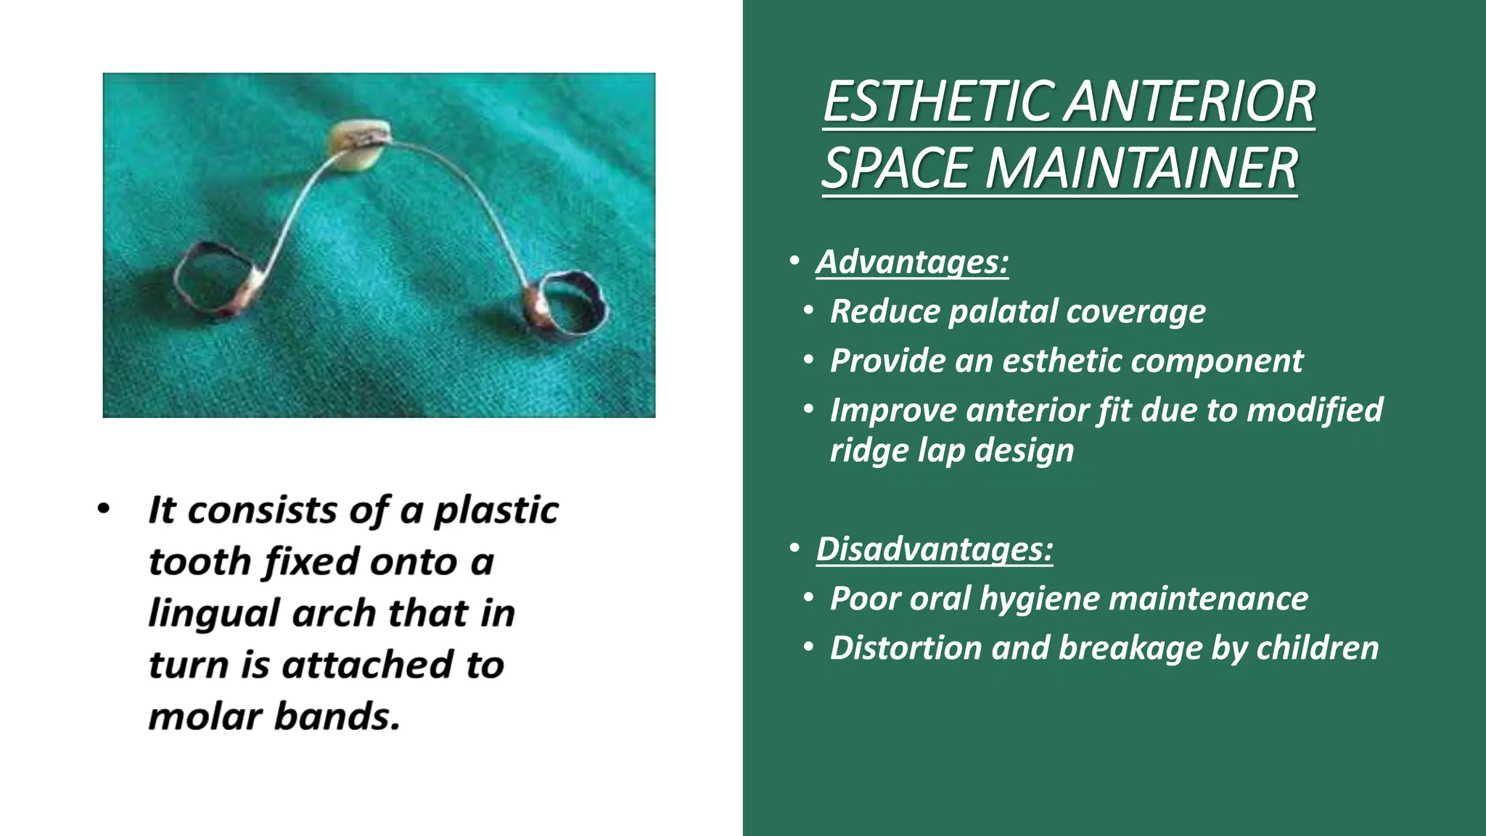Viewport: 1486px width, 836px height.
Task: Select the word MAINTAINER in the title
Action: (1141, 168)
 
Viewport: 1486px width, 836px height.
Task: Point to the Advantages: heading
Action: (912, 262)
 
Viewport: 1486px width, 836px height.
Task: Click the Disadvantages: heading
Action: (934, 549)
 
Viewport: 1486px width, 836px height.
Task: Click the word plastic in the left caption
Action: (496, 510)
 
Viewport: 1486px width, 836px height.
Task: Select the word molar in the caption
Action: (205, 716)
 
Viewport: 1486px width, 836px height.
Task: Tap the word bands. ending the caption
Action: (337, 716)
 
